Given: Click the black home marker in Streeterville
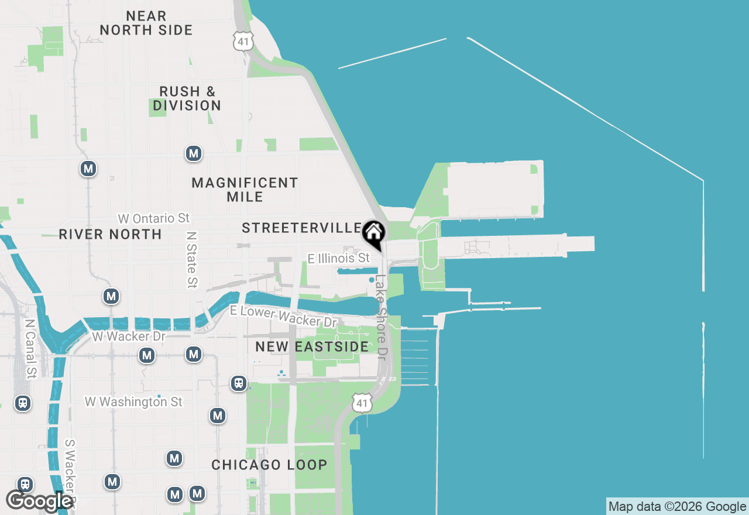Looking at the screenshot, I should (373, 234).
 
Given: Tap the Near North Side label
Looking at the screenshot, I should (146, 23).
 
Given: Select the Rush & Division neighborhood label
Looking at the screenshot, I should (187, 98).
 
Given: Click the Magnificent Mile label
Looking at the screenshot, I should (245, 190).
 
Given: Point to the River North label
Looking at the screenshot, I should (110, 234).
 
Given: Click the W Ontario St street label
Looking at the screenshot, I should (154, 218).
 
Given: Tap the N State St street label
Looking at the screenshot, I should (191, 259).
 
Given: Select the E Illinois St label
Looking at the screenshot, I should (339, 258).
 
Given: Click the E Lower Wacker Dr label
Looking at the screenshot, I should (284, 317).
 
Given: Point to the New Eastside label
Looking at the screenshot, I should (312, 346).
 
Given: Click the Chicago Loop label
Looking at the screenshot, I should (269, 465).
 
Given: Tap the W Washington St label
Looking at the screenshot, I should (133, 402).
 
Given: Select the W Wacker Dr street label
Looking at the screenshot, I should (129, 337).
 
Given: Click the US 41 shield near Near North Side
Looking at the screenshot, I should (242, 40).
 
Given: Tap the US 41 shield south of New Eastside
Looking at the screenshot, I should (363, 402).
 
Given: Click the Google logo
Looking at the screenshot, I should (39, 501).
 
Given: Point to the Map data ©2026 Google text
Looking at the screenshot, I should (677, 507).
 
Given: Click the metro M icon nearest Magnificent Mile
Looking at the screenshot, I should (194, 154).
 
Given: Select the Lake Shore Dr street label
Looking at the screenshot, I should (381, 317).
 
